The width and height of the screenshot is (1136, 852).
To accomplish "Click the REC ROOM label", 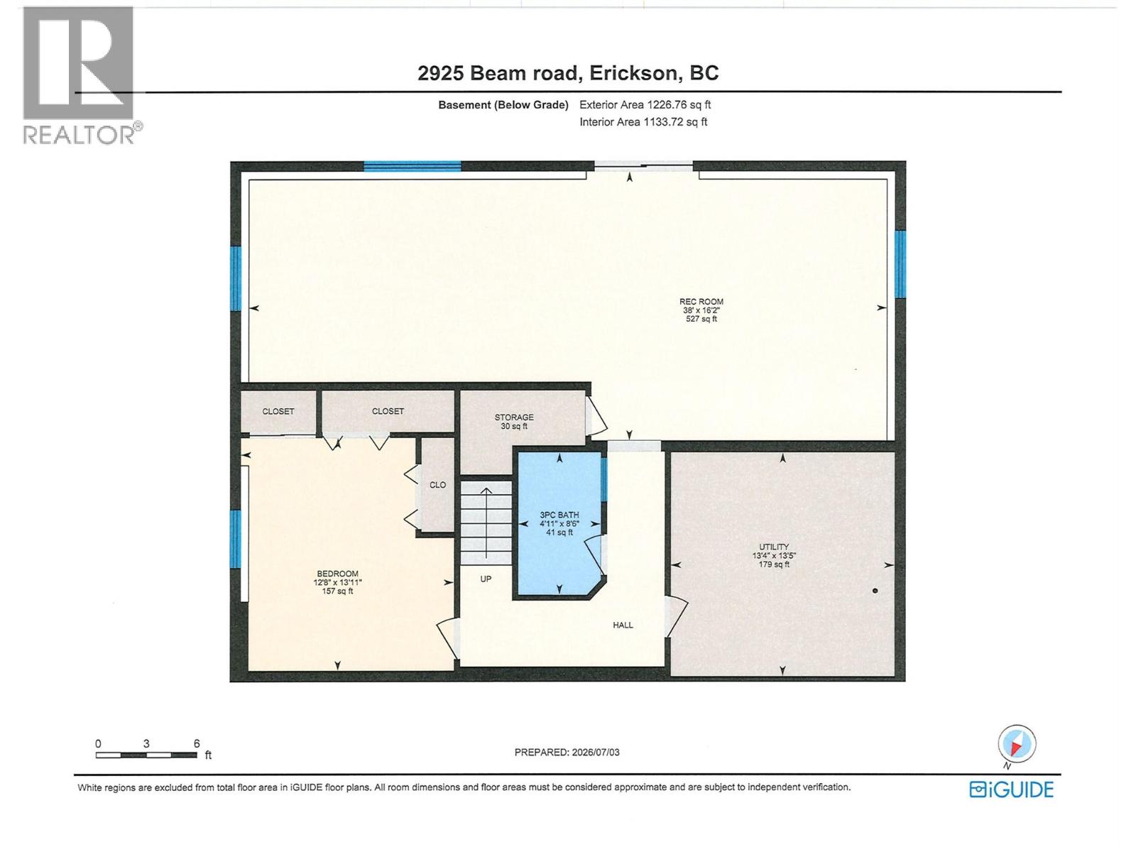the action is click(x=701, y=302).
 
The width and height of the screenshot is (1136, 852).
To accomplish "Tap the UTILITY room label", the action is click(x=774, y=547).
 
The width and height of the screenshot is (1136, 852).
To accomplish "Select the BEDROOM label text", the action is click(x=337, y=574).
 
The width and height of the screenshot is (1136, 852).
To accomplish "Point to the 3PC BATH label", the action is click(x=559, y=515).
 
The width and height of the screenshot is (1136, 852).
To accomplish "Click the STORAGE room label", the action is click(x=514, y=417).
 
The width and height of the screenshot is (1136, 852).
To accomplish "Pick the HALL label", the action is click(x=623, y=625).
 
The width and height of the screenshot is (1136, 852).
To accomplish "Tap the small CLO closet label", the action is click(x=438, y=485).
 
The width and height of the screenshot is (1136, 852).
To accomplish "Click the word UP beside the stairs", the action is click(x=486, y=579).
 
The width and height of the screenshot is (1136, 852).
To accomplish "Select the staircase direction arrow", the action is click(x=486, y=523).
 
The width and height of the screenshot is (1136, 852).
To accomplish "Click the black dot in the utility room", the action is click(x=875, y=591).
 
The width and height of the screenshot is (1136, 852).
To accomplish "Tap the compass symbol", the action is click(x=1017, y=744).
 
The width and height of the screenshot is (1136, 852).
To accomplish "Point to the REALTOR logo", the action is click(x=82, y=75).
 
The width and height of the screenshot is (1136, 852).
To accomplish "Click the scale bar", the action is click(x=146, y=755).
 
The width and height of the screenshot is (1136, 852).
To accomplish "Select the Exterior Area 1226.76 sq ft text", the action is click(x=645, y=104).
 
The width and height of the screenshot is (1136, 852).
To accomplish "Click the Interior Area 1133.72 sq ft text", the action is click(x=643, y=122).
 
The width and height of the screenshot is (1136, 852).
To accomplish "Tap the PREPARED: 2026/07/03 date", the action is click(x=567, y=752).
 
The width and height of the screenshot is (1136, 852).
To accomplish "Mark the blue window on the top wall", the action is click(x=413, y=167).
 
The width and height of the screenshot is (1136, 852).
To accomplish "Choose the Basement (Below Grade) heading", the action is click(x=503, y=105).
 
